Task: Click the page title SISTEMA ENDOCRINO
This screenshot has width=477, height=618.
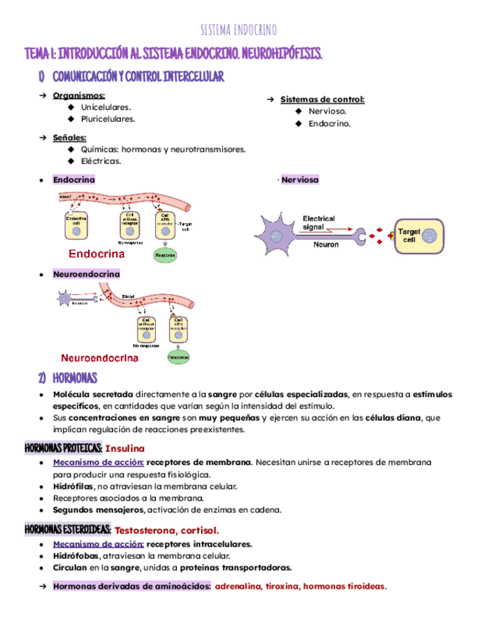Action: [238, 30]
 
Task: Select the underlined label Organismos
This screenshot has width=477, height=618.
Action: [79, 95]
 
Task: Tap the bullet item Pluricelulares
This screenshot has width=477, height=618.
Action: [107, 119]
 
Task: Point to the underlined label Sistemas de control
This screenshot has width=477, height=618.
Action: [322, 99]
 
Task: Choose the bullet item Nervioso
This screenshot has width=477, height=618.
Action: [327, 111]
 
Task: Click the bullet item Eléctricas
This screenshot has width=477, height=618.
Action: [101, 161]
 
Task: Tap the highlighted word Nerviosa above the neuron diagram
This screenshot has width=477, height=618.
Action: [299, 179]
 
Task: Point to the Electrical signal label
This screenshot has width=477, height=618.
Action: [318, 222]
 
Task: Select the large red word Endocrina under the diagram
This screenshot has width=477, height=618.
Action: [96, 254]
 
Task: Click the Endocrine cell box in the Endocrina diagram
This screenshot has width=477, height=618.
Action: [76, 226]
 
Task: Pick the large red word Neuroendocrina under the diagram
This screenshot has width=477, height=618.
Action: [100, 358]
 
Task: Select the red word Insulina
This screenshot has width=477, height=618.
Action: [125, 448]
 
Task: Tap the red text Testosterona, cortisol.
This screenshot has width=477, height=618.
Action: [167, 530]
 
